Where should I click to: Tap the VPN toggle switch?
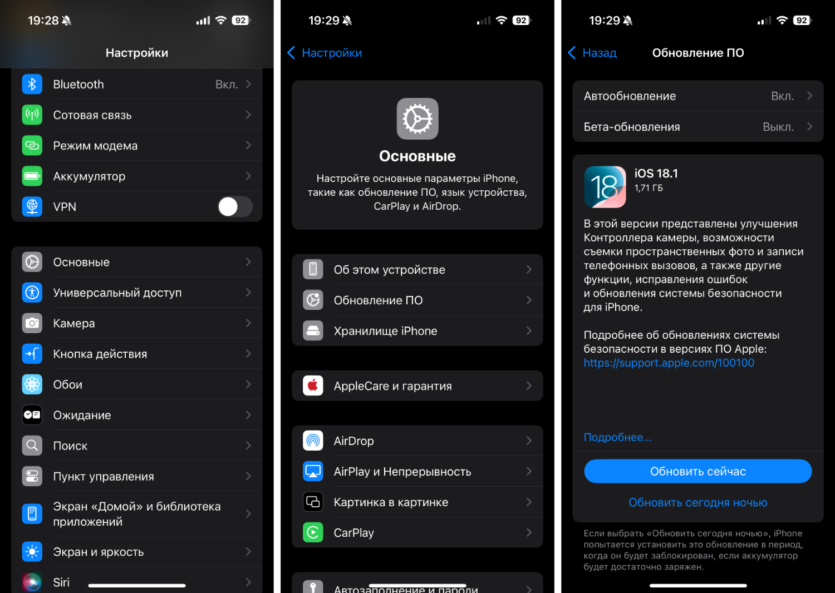pos(235,207)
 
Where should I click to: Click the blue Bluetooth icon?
pos(32,84)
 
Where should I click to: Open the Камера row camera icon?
pos(32,323)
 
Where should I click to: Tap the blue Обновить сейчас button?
pos(698,471)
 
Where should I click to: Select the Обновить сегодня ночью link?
pos(698,502)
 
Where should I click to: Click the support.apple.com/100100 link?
pos(669,363)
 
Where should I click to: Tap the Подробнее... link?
pos(618,437)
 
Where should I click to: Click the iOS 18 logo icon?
pos(605,187)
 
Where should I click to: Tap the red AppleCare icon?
pos(313,386)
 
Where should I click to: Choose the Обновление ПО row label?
pos(378,300)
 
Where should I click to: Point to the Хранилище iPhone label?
pos(385,331)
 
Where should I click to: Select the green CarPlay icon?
pos(313,532)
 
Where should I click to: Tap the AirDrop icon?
pos(313,441)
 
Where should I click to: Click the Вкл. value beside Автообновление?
pos(782,96)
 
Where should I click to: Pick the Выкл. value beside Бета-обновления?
pos(778,127)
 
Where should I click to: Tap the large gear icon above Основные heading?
pos(417,119)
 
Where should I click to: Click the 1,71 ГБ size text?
pos(649,188)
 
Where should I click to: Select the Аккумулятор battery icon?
pos(32,176)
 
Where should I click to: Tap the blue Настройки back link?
pos(325,53)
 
